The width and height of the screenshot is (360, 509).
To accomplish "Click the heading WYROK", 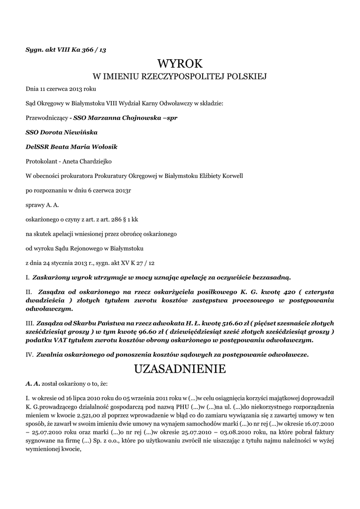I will (x=180, y=64).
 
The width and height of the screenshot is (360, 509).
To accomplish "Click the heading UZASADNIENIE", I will (x=180, y=369).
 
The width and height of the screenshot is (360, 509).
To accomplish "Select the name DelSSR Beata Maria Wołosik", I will (x=72, y=147).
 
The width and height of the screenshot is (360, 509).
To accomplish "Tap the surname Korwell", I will (x=230, y=176).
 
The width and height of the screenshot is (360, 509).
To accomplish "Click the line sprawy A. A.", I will (x=42, y=205).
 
